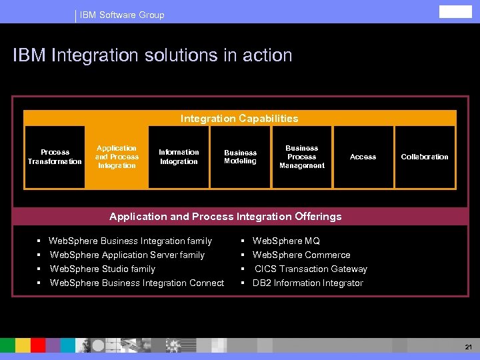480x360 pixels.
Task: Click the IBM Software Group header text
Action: tap(122, 15)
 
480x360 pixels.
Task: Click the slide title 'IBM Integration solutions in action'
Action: tap(153, 55)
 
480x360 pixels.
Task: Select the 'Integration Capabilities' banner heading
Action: tap(239, 119)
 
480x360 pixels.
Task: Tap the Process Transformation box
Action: tap(55, 157)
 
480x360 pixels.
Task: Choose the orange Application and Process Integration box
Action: tap(117, 157)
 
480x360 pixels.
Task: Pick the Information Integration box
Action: tap(179, 157)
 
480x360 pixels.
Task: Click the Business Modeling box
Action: tap(240, 157)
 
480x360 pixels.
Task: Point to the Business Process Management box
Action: tap(302, 157)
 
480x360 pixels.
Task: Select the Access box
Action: tap(363, 157)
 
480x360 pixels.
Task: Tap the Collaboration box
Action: tap(425, 157)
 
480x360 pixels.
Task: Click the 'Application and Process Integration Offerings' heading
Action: tap(225, 217)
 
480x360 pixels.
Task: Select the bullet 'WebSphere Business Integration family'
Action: tap(131, 241)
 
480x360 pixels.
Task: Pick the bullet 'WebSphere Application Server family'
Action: tap(127, 255)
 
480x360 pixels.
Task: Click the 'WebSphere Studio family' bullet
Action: tap(103, 269)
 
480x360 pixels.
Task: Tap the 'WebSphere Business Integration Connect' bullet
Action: tap(137, 283)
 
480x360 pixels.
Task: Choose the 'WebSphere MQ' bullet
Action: tap(286, 241)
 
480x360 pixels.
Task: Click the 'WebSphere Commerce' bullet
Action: tap(301, 255)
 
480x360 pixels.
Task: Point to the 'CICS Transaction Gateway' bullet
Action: tap(311, 269)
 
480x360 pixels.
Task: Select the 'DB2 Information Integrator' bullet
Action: tap(308, 283)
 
